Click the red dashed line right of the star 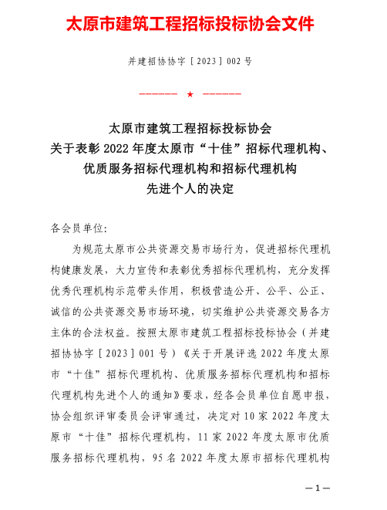[222, 94]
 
